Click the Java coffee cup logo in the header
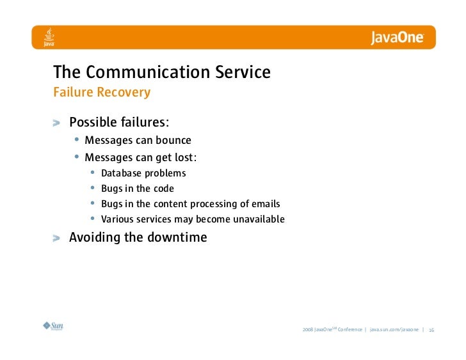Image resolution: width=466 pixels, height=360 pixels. tap(48, 38)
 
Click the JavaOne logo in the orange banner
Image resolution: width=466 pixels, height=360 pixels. tap(397, 38)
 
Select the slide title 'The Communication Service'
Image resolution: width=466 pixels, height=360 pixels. tap(161, 72)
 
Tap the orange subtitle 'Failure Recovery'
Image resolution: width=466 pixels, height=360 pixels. tap(101, 93)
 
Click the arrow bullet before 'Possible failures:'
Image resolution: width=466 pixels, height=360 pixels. tap(58, 123)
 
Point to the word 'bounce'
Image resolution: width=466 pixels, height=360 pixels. tap(173, 140)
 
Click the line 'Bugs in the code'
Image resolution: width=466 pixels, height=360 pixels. tap(137, 189)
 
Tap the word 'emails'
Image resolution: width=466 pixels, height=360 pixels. tap(264, 204)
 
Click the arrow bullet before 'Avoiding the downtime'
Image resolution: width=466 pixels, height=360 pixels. tap(58, 239)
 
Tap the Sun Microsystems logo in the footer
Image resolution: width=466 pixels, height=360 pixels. tap(53, 326)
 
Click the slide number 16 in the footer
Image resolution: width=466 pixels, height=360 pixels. tap(431, 330)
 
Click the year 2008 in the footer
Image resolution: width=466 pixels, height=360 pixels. tap(307, 330)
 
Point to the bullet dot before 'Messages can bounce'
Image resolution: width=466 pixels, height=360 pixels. tap(77, 140)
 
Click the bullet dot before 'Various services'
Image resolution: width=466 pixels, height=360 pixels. tap(93, 219)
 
